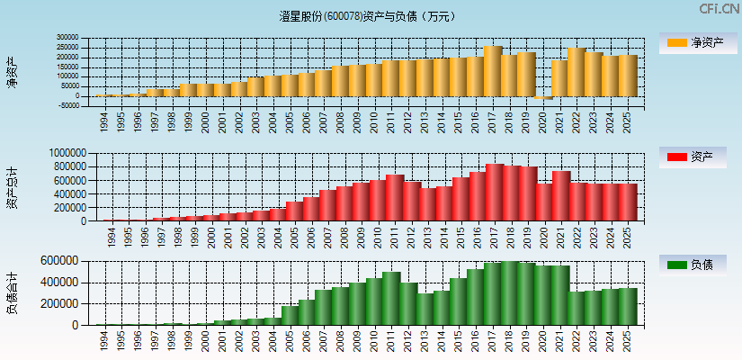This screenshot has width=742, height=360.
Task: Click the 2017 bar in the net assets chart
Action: point(492,71)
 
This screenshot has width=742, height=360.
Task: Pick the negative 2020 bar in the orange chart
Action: point(542,98)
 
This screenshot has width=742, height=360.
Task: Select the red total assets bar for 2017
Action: point(494,192)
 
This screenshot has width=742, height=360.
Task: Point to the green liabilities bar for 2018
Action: point(510,293)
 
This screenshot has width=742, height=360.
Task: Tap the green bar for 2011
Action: point(391,298)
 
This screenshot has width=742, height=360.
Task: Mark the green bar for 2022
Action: point(577,308)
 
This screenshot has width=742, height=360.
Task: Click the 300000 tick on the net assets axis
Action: point(67,39)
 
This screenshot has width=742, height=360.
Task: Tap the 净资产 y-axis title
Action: point(12,71)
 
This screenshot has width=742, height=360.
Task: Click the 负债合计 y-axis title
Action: point(12,292)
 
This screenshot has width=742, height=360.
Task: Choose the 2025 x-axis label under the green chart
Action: point(627,338)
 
